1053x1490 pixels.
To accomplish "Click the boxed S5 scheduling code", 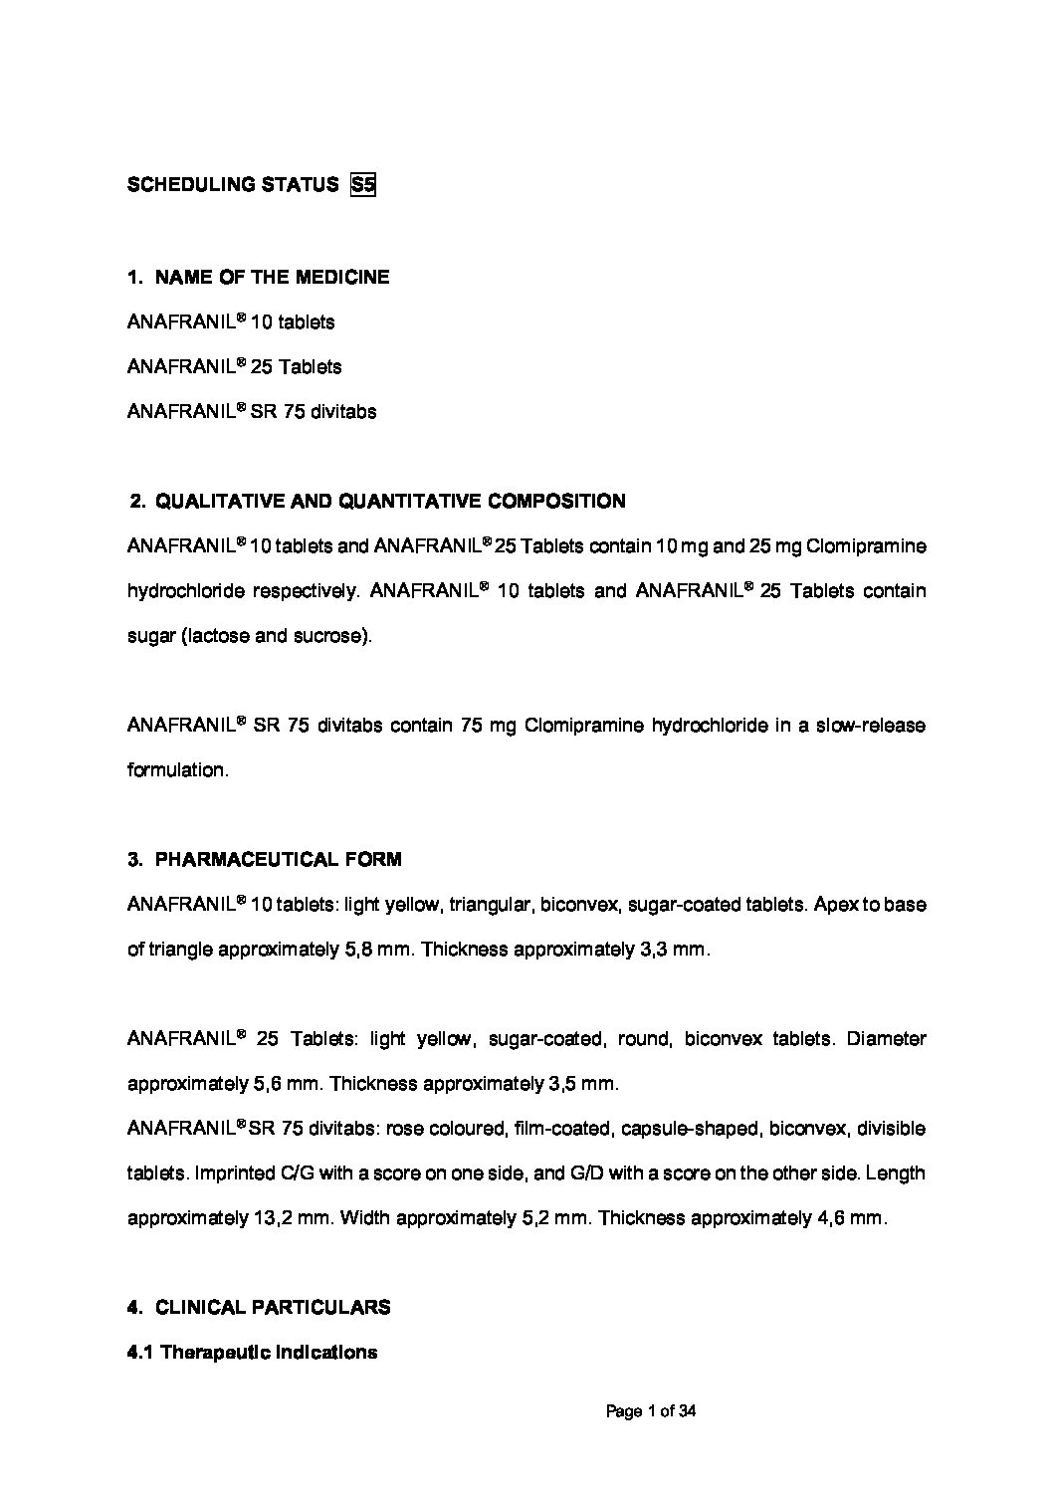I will coord(363,185).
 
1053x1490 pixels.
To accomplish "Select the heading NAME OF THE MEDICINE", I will coord(272,278).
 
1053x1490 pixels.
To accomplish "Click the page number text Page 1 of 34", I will coord(651,1411).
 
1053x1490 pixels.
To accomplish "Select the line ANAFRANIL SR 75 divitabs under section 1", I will coord(252,412).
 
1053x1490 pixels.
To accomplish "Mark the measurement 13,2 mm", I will coord(296,1218).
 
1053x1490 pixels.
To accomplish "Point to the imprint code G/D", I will coord(586,1173).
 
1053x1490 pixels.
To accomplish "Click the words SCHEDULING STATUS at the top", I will coord(233,185).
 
